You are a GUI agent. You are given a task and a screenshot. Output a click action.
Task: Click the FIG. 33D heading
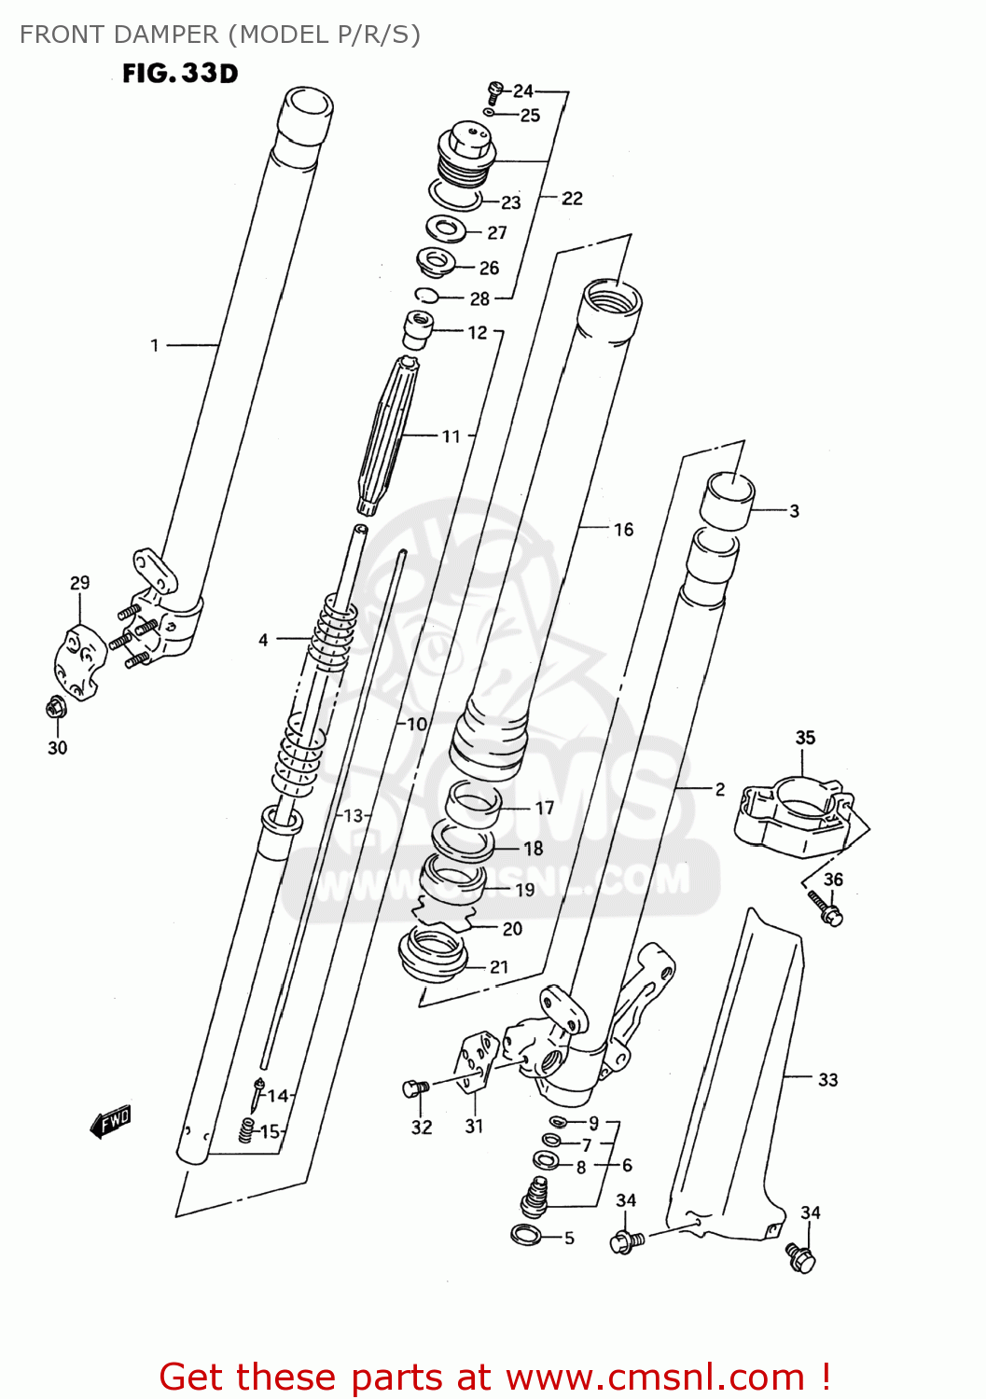tap(180, 73)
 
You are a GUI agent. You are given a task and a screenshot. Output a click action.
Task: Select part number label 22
tap(572, 199)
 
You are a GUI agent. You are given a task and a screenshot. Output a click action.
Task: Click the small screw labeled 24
tap(494, 90)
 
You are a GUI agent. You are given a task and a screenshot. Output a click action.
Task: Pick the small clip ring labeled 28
tap(427, 297)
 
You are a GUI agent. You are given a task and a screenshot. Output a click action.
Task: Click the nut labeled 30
tap(55, 709)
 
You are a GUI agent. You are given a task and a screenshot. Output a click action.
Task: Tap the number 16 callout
tap(623, 530)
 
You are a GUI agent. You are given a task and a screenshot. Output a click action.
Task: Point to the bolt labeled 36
tap(826, 908)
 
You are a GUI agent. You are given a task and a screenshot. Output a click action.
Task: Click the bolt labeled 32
tap(415, 1087)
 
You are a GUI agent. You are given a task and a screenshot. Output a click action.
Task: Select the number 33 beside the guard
tap(827, 1080)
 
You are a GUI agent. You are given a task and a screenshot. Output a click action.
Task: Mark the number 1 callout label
tap(155, 346)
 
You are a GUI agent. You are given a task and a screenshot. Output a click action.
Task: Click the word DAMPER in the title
tap(164, 35)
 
